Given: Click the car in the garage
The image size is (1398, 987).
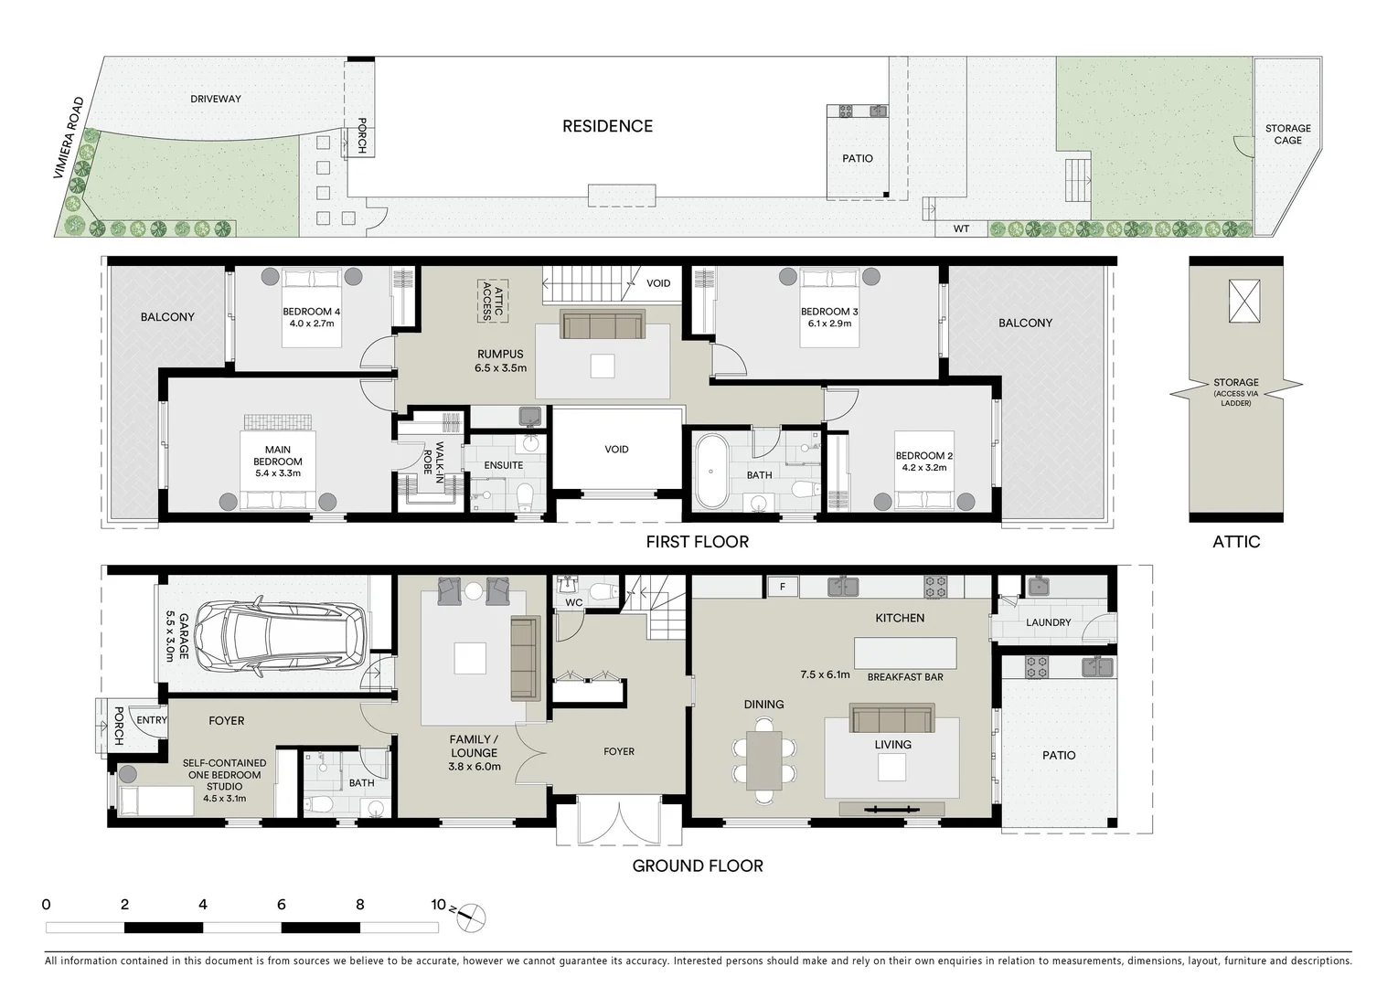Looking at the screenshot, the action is tap(280, 637).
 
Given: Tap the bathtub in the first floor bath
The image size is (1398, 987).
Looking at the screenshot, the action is tap(710, 472).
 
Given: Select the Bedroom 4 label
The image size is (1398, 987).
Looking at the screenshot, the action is tap(312, 312).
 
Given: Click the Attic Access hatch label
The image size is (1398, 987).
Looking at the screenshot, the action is tap(493, 301).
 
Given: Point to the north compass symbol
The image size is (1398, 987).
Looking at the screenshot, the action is tap(469, 918).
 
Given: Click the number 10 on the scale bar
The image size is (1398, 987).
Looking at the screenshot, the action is tap(438, 904).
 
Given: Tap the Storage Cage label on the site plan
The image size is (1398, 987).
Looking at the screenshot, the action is tap(1287, 134).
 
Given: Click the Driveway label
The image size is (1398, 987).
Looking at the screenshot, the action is tap(215, 99).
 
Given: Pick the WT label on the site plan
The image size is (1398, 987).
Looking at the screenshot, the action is tap(961, 229).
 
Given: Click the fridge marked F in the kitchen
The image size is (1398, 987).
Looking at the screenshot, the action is tap(783, 587).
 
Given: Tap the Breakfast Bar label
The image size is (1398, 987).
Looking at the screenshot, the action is tap(905, 677).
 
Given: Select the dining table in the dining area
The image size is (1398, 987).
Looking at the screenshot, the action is tap(763, 761).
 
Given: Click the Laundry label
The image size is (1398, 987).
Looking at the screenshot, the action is tap(1048, 622).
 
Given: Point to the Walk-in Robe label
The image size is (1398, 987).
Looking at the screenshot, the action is tap(433, 458).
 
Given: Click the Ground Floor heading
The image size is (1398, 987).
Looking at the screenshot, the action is tap(697, 866).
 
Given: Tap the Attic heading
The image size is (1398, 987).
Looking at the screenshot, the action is tap(1236, 542).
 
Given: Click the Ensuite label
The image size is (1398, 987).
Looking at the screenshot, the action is tap(503, 465).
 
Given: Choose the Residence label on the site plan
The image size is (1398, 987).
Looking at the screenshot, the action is tap(607, 127).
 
